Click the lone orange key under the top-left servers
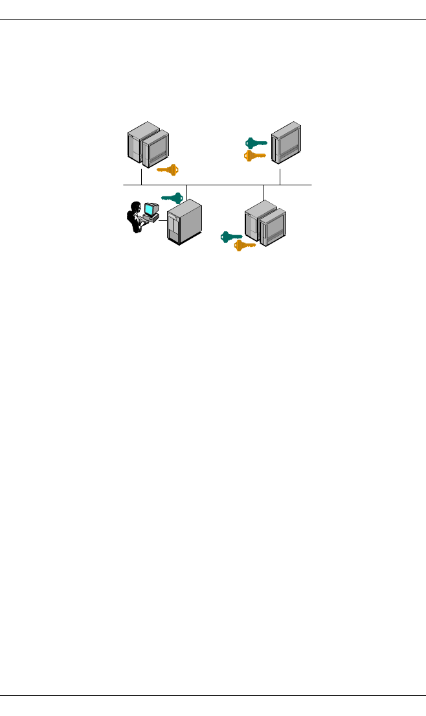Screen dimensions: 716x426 (x=168, y=170)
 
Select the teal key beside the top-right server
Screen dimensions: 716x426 (x=256, y=143)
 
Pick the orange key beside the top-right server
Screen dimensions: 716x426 (x=254, y=156)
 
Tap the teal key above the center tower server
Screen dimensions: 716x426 (x=172, y=198)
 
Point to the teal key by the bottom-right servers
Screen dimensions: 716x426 (x=231, y=237)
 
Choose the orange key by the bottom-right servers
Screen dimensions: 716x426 (x=245, y=245)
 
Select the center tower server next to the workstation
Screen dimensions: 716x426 (x=185, y=222)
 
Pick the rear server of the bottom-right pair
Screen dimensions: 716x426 (x=254, y=219)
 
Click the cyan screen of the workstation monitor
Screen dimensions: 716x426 (x=151, y=209)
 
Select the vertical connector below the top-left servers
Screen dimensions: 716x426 (x=141, y=177)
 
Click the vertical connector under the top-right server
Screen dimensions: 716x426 (x=280, y=176)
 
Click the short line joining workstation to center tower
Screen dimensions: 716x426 (x=163, y=222)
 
